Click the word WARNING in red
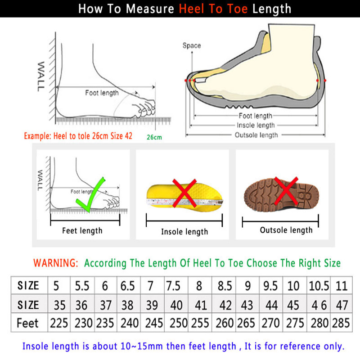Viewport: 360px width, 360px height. [x=56, y=263]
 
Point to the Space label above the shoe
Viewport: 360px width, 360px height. [x=192, y=45]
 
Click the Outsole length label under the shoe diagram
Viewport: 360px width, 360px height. [x=256, y=135]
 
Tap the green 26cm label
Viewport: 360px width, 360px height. [x=154, y=137]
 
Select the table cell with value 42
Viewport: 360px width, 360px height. [x=225, y=305]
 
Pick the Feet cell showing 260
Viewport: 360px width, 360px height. [x=225, y=323]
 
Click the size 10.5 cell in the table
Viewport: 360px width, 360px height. [x=319, y=285]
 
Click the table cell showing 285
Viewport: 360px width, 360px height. [x=341, y=323]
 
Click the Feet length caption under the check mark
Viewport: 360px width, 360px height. [x=82, y=230]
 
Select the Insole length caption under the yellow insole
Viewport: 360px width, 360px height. [x=184, y=232]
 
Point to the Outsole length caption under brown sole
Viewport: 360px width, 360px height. [x=286, y=230]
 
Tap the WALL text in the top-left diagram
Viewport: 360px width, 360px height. [x=40, y=76]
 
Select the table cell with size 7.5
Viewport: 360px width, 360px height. [x=175, y=285]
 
